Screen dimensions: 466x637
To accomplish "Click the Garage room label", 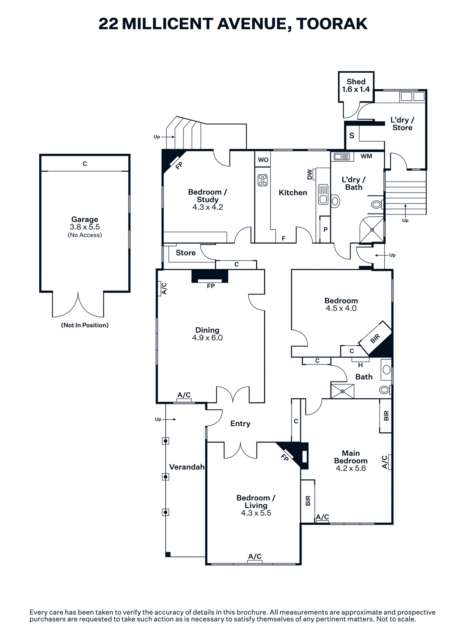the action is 85,220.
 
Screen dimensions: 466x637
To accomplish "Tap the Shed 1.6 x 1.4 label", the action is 356,85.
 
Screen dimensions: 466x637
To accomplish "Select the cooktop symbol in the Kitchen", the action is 263,180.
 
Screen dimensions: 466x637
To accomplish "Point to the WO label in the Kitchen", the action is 263,160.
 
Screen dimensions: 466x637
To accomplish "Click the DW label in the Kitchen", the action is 310,174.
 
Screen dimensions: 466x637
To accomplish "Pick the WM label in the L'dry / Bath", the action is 366,156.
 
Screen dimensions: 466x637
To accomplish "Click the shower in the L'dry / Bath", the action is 372,230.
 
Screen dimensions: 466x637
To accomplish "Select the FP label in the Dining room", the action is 211,286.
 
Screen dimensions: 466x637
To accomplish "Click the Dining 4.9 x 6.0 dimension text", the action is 207,338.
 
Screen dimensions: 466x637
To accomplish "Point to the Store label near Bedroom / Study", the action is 186,253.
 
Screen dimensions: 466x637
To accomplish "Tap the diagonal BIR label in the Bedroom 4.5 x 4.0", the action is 375,338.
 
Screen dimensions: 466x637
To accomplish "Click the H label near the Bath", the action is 361,365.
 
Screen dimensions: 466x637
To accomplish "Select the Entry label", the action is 240,424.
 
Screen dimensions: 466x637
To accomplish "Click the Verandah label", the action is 187,467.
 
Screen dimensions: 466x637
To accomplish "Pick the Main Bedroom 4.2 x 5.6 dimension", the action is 351,468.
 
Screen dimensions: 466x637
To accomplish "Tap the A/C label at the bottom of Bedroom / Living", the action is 255,556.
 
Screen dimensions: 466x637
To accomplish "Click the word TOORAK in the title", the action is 332,24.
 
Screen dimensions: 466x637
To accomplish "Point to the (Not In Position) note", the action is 85,325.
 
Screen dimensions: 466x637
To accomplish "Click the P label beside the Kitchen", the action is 326,230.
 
